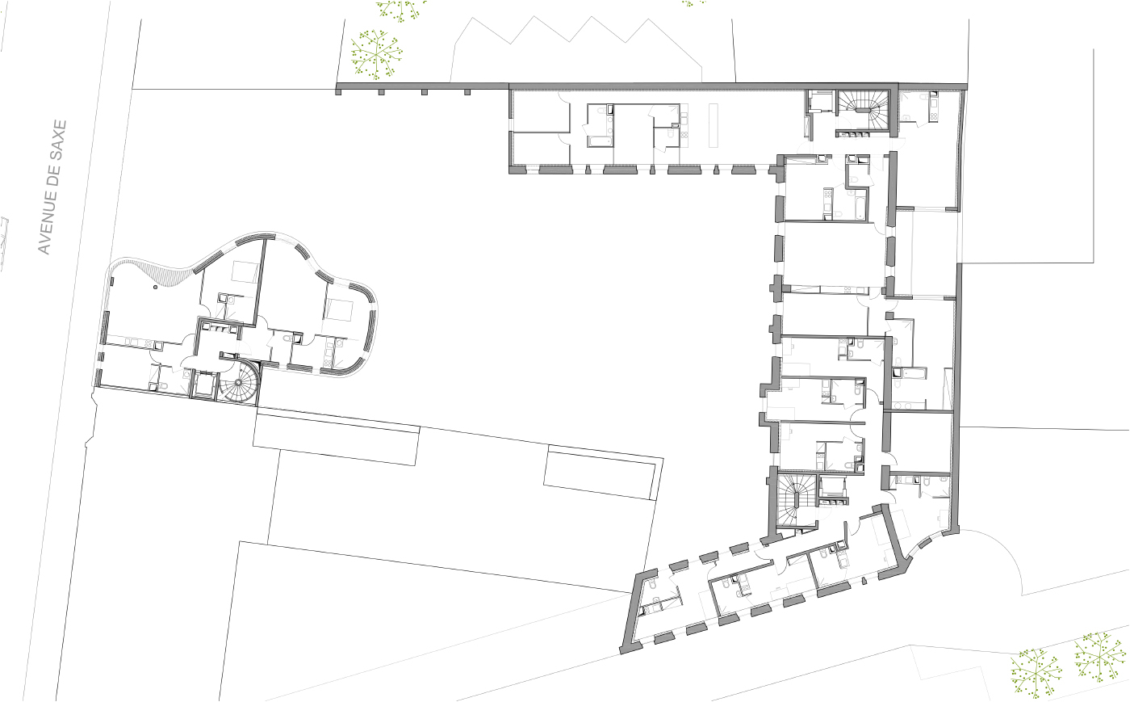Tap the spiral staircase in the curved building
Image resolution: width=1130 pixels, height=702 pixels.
(x=240, y=385)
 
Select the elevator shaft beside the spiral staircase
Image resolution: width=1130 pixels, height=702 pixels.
(x=205, y=385)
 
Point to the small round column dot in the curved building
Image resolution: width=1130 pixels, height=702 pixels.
(x=155, y=287)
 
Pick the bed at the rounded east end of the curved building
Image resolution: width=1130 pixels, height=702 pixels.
(x=337, y=309)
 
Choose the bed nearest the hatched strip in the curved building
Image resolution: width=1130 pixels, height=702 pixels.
(x=245, y=271)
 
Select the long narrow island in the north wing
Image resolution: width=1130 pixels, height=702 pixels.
(x=713, y=125)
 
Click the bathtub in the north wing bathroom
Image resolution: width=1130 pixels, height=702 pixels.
(x=599, y=141)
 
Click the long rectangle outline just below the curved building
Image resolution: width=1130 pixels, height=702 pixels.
(x=337, y=437)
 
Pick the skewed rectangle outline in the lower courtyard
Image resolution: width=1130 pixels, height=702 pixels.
(x=604, y=473)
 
